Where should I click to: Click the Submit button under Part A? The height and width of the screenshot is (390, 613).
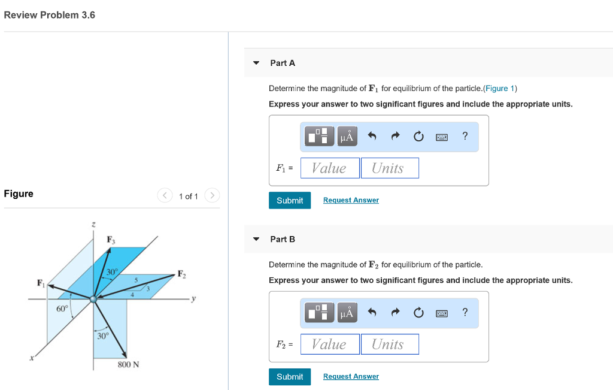click(290, 200)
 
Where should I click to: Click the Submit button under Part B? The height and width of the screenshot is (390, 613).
click(290, 376)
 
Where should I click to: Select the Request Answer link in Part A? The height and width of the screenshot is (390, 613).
click(351, 200)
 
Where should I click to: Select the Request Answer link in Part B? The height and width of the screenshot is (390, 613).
click(351, 376)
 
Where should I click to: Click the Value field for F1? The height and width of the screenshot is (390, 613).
click(330, 168)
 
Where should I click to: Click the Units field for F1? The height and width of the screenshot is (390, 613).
click(389, 168)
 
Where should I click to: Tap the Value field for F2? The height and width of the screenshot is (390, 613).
click(330, 344)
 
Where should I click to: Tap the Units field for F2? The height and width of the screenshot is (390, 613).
click(389, 344)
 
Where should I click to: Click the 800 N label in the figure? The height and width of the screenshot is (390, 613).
click(129, 364)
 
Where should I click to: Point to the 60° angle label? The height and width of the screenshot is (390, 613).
click(62, 309)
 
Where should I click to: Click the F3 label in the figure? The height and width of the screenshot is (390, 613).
click(111, 240)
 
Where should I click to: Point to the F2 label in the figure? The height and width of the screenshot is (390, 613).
click(181, 274)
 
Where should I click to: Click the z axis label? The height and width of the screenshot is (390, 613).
click(93, 224)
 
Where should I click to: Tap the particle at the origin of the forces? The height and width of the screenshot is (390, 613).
click(93, 298)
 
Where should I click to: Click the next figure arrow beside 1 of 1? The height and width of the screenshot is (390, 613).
click(212, 196)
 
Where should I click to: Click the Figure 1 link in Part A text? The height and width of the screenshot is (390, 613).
click(500, 88)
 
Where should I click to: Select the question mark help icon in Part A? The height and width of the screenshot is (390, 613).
click(465, 136)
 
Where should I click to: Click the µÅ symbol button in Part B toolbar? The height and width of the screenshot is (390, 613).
click(347, 313)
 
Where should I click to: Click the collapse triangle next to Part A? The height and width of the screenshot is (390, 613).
click(256, 63)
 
